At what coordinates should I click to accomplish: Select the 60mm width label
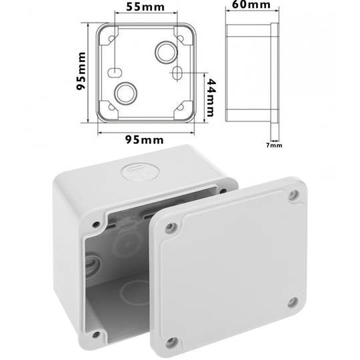pyautogui.click(x=247, y=6)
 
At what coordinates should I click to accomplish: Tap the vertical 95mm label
pyautogui.click(x=81, y=73)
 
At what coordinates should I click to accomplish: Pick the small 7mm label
pyautogui.click(x=274, y=144)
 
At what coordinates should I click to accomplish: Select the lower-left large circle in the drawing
pyautogui.click(x=125, y=93)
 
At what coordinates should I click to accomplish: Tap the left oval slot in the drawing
pyautogui.click(x=114, y=71)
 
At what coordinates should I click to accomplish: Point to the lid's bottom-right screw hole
pyautogui.click(x=292, y=303)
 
